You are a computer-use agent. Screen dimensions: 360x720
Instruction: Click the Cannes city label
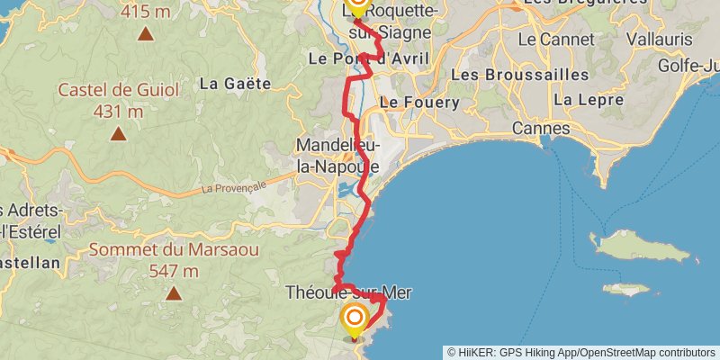[x=541, y=129]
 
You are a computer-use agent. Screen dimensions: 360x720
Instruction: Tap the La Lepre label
[x=581, y=99]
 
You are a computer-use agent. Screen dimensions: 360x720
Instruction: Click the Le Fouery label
[x=418, y=103]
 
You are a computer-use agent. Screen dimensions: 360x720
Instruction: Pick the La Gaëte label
[x=235, y=84]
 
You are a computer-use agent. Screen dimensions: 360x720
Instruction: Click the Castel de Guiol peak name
[x=118, y=90]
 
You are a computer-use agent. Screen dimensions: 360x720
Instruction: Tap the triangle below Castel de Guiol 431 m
[x=118, y=134]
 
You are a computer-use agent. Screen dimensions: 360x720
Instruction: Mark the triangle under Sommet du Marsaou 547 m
[x=173, y=292]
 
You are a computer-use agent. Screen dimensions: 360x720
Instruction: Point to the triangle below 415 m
[x=145, y=34]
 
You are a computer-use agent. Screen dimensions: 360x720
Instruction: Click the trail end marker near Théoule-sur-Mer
[x=355, y=318]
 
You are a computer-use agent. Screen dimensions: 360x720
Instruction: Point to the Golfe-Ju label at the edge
[x=688, y=66]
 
